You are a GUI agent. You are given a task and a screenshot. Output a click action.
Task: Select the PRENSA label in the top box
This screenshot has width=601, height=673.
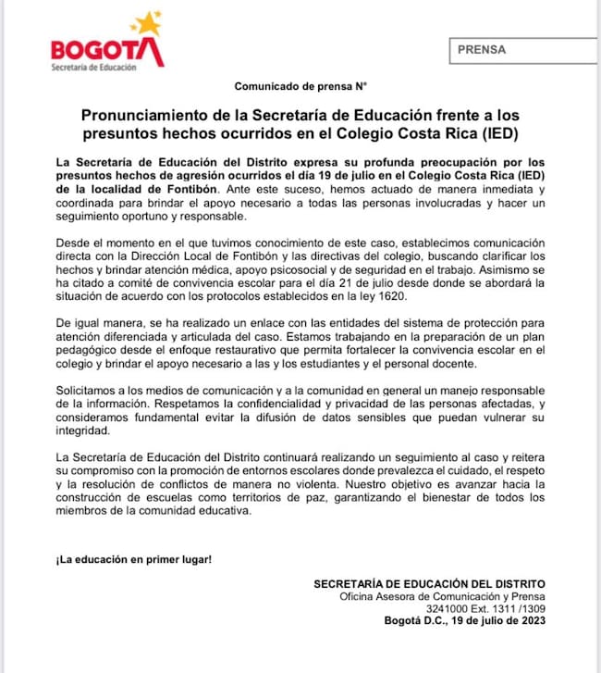tap(482, 50)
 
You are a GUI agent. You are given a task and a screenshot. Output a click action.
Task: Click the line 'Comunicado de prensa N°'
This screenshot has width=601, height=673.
tap(300, 86)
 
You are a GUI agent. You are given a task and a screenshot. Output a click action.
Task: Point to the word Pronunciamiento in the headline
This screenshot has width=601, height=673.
tap(140, 116)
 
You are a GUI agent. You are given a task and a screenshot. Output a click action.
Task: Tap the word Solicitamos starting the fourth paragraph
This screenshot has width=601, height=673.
tap(90, 392)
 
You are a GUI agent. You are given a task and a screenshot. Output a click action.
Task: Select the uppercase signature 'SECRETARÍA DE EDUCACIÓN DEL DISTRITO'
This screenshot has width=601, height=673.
tap(429, 584)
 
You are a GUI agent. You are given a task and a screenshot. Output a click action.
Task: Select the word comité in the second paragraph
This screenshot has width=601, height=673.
tap(125, 282)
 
